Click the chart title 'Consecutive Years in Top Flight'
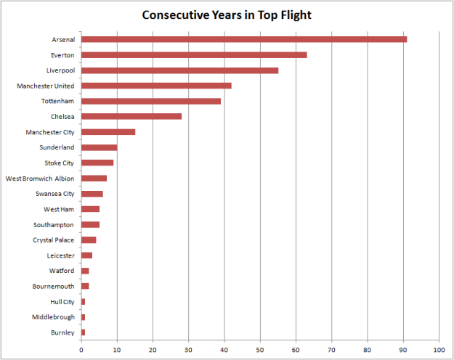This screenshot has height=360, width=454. coord(226,15)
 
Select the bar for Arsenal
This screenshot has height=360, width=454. coord(244,39)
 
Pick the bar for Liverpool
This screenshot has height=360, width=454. coord(179,70)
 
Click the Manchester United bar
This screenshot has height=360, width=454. coord(156,86)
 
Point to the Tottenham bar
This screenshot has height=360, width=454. coord(151,101)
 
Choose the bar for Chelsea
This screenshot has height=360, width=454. coord(131,116)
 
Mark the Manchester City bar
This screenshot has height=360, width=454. coord(108,132)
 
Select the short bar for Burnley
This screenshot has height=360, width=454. coord(83,332)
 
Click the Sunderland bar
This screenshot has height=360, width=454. coord(99,147)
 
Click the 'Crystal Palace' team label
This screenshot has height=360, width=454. coord(54,240)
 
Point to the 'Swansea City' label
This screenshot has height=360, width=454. coord(55,194)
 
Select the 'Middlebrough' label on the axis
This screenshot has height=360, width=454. coord(53,317)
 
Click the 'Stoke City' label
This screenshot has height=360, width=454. coord(58,163)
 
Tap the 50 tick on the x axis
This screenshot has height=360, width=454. coord(260,348)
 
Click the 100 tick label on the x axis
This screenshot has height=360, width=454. coord(439,348)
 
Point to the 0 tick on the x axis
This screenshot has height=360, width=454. coord(81,348)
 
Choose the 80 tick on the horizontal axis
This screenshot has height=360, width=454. coord(368,348)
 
